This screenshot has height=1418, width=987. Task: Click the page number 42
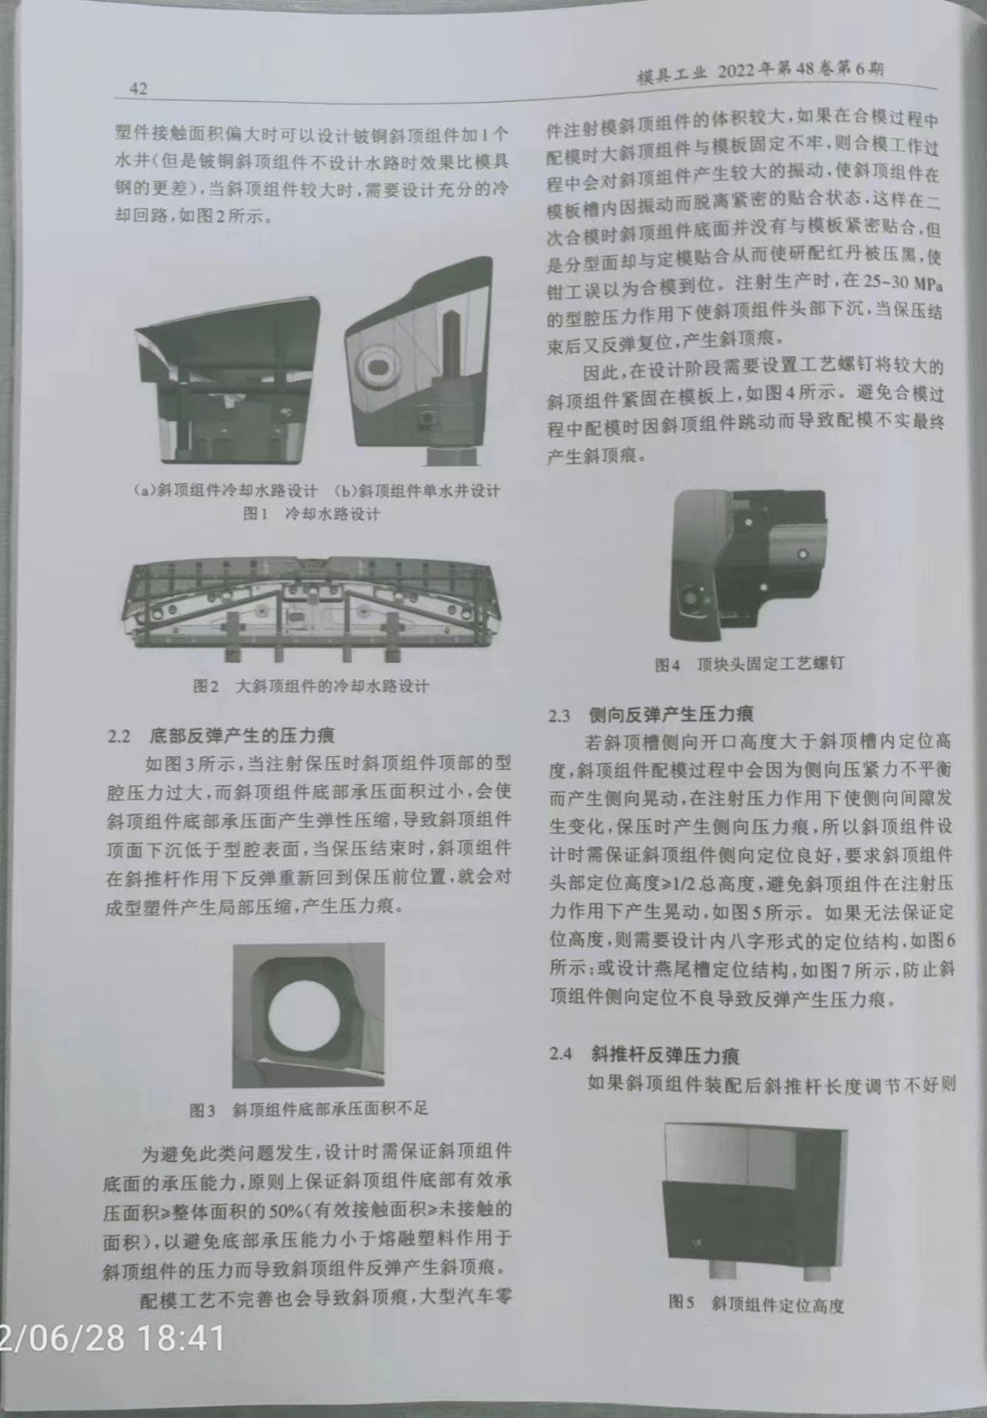[x=138, y=90]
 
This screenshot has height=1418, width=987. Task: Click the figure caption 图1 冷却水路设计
[x=311, y=513]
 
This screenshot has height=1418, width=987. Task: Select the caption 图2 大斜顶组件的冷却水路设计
[x=311, y=686]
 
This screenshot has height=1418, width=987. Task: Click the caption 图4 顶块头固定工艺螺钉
[x=749, y=664]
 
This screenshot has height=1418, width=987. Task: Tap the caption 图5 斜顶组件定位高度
[x=757, y=1304]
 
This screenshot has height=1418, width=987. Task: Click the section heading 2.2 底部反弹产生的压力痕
[x=221, y=736]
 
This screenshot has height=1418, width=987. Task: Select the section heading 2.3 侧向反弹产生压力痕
[x=651, y=714]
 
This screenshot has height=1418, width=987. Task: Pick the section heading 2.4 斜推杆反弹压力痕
[x=643, y=1054]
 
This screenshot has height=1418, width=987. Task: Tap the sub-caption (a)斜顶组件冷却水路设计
[x=225, y=491]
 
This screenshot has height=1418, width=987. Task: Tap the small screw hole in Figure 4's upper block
[x=803, y=554]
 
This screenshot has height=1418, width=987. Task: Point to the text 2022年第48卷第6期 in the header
[x=800, y=72]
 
